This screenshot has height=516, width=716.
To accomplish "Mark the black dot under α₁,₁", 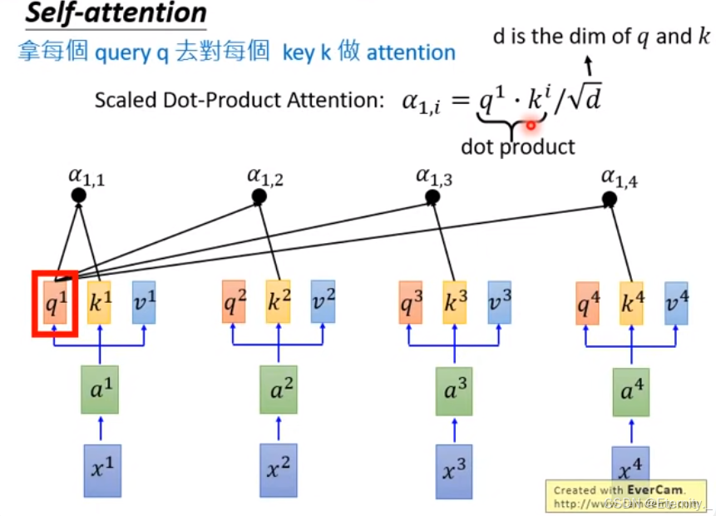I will [x=79, y=196].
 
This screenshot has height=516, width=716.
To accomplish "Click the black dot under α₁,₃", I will [x=432, y=197].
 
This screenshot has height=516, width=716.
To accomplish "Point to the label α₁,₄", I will [x=620, y=176].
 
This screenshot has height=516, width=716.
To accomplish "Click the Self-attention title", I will [x=116, y=14].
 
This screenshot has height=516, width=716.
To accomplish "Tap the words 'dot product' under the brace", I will [x=518, y=146].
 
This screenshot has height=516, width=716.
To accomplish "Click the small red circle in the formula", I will [x=531, y=124].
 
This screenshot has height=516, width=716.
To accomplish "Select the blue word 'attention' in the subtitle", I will [x=411, y=53].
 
